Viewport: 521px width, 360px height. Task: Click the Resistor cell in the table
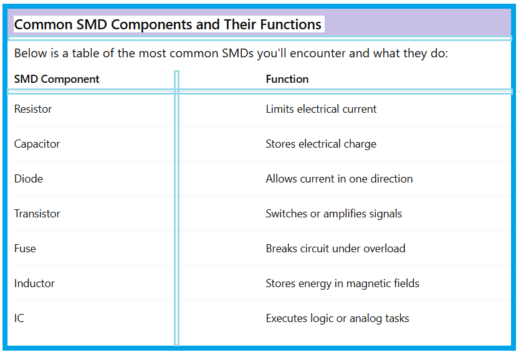[33, 109]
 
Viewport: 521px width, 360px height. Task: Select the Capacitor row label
[37, 144]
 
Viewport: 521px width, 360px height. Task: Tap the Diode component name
[29, 179]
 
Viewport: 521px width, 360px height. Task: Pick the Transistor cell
[37, 214]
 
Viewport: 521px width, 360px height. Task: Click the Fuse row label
[25, 249]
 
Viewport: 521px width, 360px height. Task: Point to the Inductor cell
[34, 283]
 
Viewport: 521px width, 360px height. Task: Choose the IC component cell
[19, 318]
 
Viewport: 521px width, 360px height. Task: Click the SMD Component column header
[57, 79]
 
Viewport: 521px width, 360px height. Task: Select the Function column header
[287, 79]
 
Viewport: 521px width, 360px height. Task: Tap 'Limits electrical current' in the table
[321, 109]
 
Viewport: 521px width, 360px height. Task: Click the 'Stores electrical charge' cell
[321, 144]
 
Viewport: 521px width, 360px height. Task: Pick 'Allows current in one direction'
[339, 179]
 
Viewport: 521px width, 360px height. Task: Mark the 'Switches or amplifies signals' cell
[333, 214]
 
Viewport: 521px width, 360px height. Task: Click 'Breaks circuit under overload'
[335, 249]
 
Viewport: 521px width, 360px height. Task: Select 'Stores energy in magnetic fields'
[342, 283]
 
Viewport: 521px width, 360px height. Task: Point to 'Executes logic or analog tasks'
[337, 318]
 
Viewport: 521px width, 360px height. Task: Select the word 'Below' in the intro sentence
[31, 53]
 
